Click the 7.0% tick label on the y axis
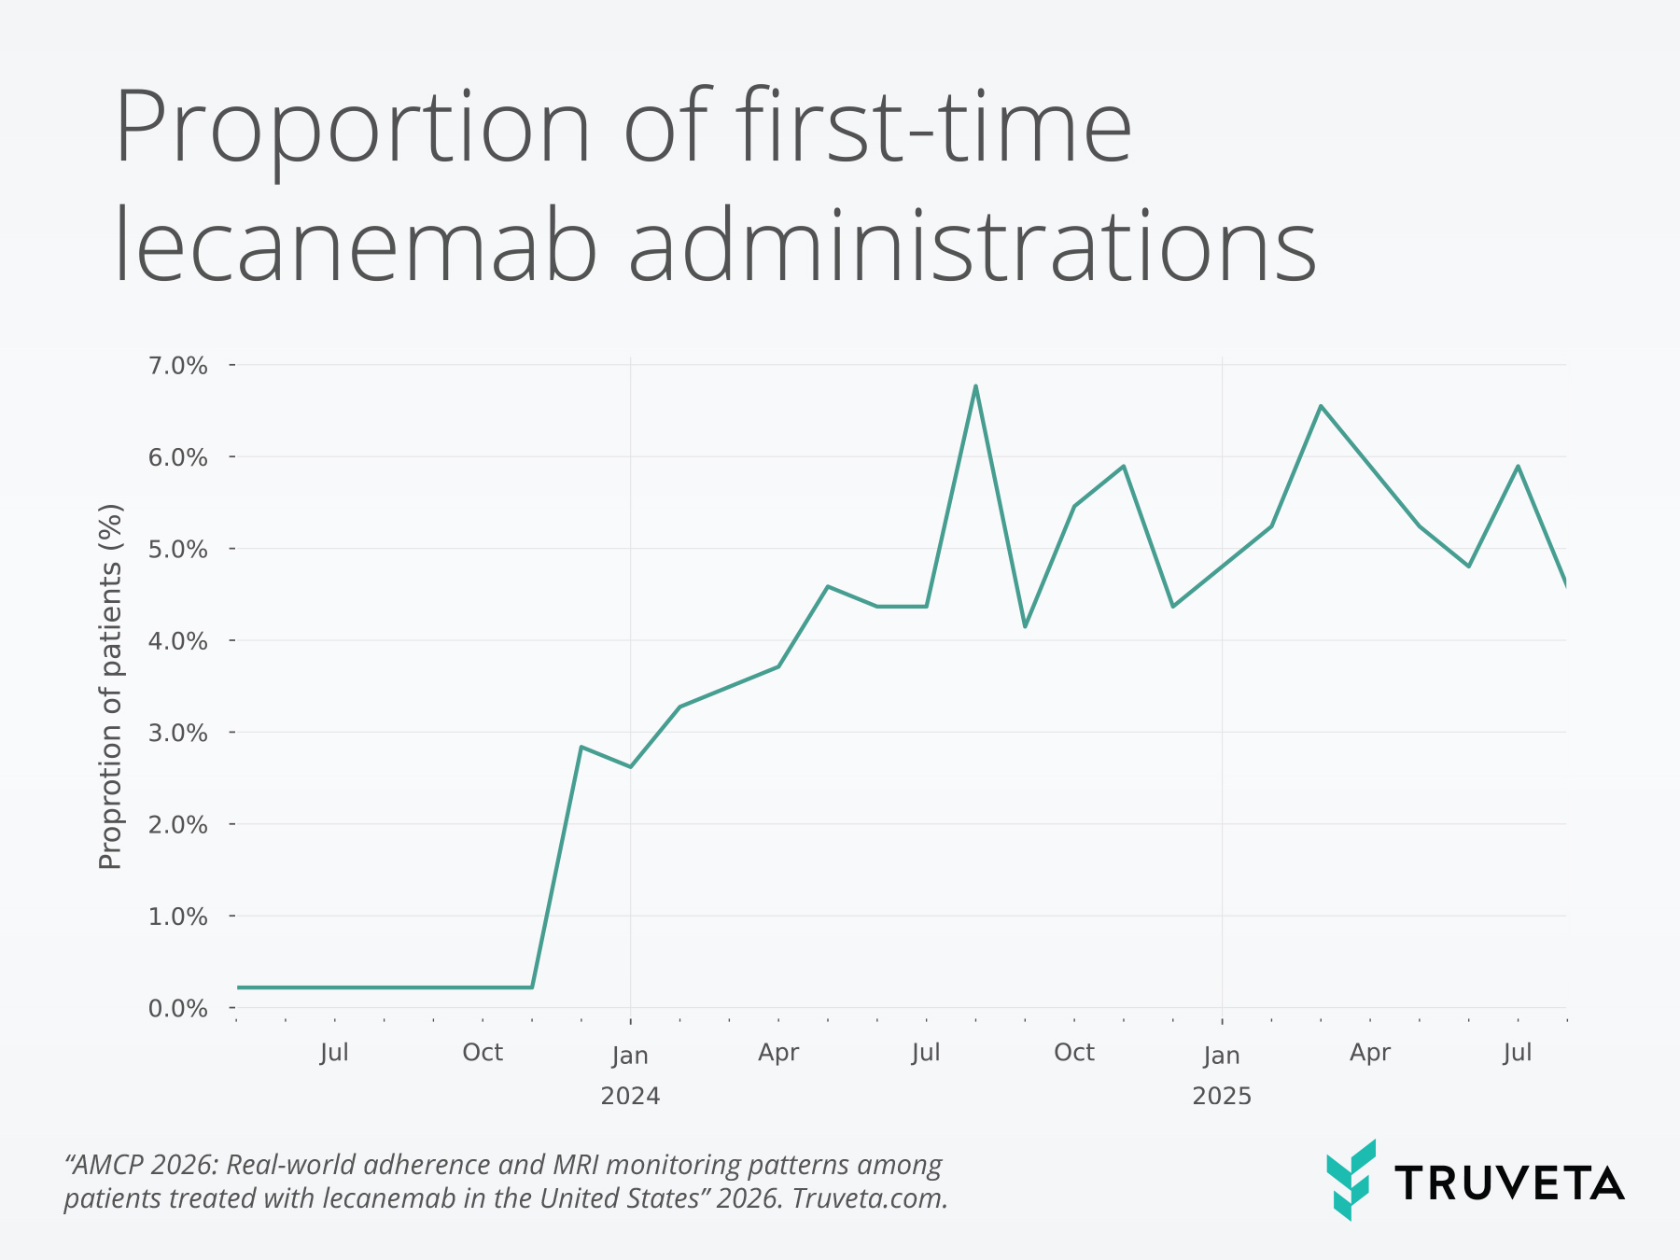click(x=177, y=365)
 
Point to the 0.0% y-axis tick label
click(x=177, y=1008)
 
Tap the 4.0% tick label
click(x=177, y=641)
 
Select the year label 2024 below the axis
click(x=630, y=1096)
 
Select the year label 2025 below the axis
click(x=1221, y=1096)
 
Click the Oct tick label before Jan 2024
click(x=483, y=1053)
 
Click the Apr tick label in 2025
click(x=1369, y=1053)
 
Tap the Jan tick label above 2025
click(x=1221, y=1056)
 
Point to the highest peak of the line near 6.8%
click(x=975, y=385)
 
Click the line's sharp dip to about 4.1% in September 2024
click(x=1025, y=626)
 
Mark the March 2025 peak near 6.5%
click(x=1321, y=406)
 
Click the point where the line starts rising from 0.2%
click(x=532, y=987)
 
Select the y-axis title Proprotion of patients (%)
click(x=110, y=686)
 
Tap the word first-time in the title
click(x=933, y=126)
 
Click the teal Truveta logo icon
click(x=1351, y=1179)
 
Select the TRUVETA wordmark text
click(x=1509, y=1183)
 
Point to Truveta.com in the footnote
click(x=870, y=1198)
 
